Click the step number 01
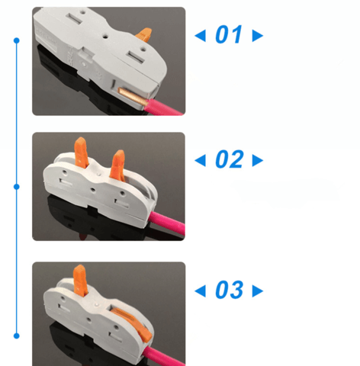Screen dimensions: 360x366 pos(228,34)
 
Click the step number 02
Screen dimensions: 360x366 pos(229,159)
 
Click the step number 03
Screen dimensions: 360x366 pos(229,290)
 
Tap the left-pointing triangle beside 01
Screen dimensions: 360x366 pos(200,35)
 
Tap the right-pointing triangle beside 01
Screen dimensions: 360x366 pos(258,36)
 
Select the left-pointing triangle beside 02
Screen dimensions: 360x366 pos(200,160)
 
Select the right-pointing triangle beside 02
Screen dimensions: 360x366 pos(258,161)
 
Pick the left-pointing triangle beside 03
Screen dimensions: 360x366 pos(200,291)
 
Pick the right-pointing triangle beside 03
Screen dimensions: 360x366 pos(258,291)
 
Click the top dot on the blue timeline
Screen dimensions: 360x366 pos(17,40)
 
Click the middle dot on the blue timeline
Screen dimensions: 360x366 pos(17,187)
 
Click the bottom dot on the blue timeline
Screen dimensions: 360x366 pos(17,335)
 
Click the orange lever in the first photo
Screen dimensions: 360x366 pos(144,35)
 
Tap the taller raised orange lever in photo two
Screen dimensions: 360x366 pos(82,152)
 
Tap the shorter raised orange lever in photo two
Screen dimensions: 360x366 pos(117,165)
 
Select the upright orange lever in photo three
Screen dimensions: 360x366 pos(80,281)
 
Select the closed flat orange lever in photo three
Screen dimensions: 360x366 pos(133,323)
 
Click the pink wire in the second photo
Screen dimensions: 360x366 pos(167,223)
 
